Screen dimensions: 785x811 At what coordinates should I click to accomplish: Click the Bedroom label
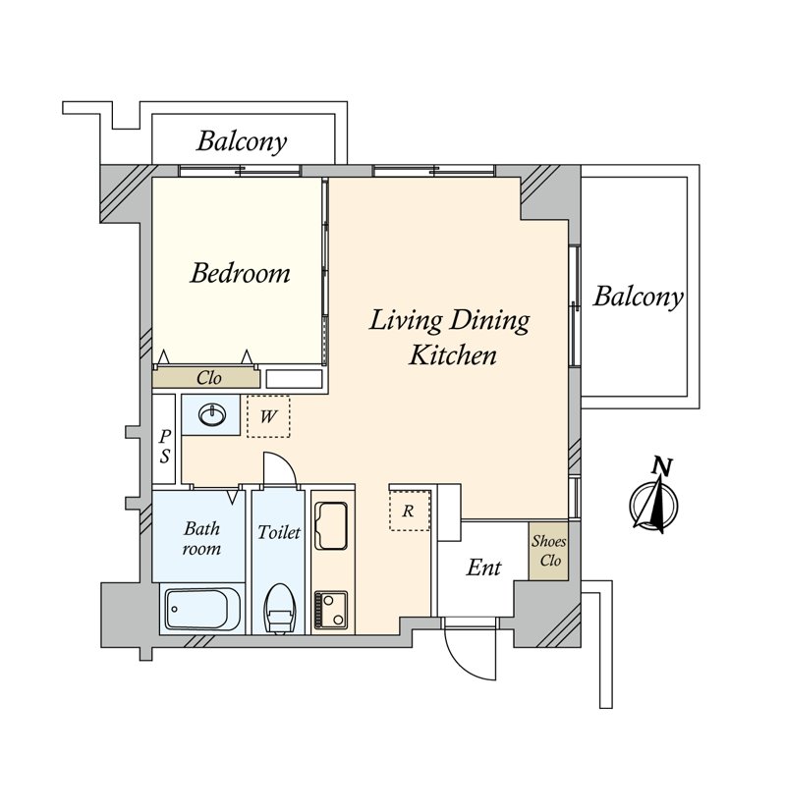point(240,274)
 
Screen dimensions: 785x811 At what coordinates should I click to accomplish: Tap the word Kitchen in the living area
point(453,355)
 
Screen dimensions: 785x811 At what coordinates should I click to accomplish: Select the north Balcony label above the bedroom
point(241,141)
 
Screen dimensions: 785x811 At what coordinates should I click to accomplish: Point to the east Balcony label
point(638,297)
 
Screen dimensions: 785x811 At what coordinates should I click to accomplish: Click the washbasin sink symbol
point(211,414)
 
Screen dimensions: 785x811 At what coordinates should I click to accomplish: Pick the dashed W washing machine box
point(268,416)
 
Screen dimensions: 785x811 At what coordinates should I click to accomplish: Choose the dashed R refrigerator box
point(410,511)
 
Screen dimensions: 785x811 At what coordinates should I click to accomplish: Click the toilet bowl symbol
point(279,609)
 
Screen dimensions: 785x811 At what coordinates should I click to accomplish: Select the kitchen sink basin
point(331,525)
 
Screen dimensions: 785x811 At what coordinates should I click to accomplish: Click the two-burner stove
point(331,611)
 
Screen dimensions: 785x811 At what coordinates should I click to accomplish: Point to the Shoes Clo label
point(548,551)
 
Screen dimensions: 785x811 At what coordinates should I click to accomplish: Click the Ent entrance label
point(483,568)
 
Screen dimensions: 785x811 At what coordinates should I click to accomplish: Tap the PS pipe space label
point(164,446)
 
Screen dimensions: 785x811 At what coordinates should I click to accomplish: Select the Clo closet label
point(209,378)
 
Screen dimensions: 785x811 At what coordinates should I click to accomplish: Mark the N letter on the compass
point(662,466)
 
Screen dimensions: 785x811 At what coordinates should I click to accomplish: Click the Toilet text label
point(279,532)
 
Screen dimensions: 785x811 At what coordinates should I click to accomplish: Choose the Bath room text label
point(201,538)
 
